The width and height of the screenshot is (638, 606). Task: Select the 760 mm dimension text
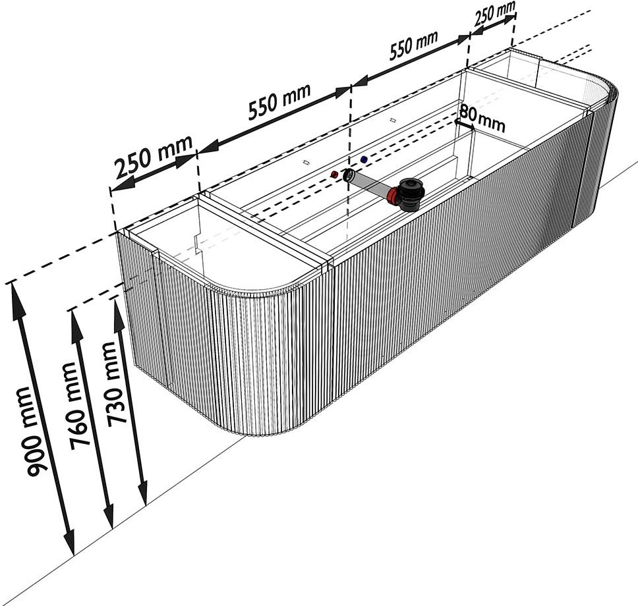78,406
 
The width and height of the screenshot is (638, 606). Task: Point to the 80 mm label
483,117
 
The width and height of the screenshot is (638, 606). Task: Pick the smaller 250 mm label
494,13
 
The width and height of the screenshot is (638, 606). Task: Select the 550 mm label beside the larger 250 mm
279,101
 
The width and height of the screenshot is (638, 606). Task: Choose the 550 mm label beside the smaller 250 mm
413,45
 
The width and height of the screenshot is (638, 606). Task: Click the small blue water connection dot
364,159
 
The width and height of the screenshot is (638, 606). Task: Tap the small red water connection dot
334,175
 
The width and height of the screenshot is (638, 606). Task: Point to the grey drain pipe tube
370,184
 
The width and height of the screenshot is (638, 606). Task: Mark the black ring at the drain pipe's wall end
349,176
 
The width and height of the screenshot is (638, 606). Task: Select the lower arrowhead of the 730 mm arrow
142,490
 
